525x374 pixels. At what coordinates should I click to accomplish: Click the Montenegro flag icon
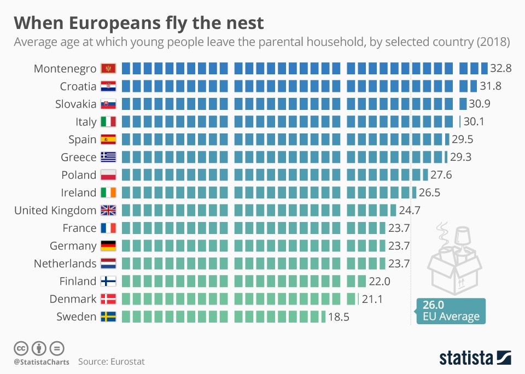click(108, 68)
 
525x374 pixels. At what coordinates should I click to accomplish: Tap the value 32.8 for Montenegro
click(500, 68)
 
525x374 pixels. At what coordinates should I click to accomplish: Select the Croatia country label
click(78, 86)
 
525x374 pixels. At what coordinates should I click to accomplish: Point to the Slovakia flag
click(108, 104)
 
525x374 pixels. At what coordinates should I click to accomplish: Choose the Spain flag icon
click(108, 139)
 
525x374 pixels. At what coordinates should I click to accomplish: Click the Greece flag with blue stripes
click(108, 157)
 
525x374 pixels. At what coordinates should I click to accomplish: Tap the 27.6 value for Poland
click(440, 175)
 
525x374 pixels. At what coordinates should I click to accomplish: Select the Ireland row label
click(78, 192)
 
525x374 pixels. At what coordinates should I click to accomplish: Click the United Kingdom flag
click(108, 211)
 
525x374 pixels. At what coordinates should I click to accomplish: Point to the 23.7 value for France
click(399, 228)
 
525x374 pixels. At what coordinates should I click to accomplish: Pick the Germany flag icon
click(108, 246)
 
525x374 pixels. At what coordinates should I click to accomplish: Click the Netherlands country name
click(65, 264)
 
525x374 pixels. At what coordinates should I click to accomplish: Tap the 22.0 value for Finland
click(378, 281)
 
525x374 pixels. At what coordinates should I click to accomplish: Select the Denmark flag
click(108, 299)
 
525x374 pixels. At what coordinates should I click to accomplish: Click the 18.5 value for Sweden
click(338, 317)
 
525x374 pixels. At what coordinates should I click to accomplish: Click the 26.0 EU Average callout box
click(451, 311)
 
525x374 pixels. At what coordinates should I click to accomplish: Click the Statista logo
click(475, 358)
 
